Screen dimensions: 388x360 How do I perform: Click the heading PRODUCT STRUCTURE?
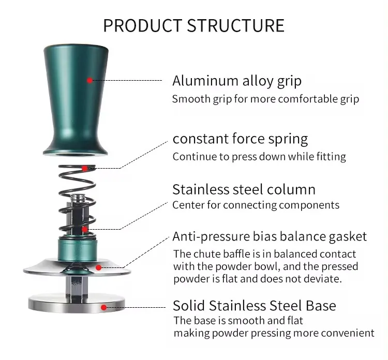pos(193,25)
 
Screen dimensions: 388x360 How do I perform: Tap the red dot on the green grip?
pos(90,80)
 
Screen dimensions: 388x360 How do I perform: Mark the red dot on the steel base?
pos(104,307)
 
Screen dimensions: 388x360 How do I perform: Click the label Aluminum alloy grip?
pos(236,81)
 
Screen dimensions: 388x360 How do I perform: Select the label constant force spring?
pos(240,139)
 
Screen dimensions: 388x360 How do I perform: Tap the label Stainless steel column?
pos(244,189)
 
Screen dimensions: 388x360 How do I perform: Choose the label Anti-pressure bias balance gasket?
pos(270,237)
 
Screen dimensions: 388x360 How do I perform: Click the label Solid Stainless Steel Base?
pos(254,305)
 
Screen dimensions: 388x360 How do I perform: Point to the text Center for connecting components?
pos(256,205)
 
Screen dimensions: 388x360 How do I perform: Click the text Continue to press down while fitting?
pos(259,156)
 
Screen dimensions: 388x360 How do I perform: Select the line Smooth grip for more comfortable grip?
pos(265,99)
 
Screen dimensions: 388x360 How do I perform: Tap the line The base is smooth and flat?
pos(238,321)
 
